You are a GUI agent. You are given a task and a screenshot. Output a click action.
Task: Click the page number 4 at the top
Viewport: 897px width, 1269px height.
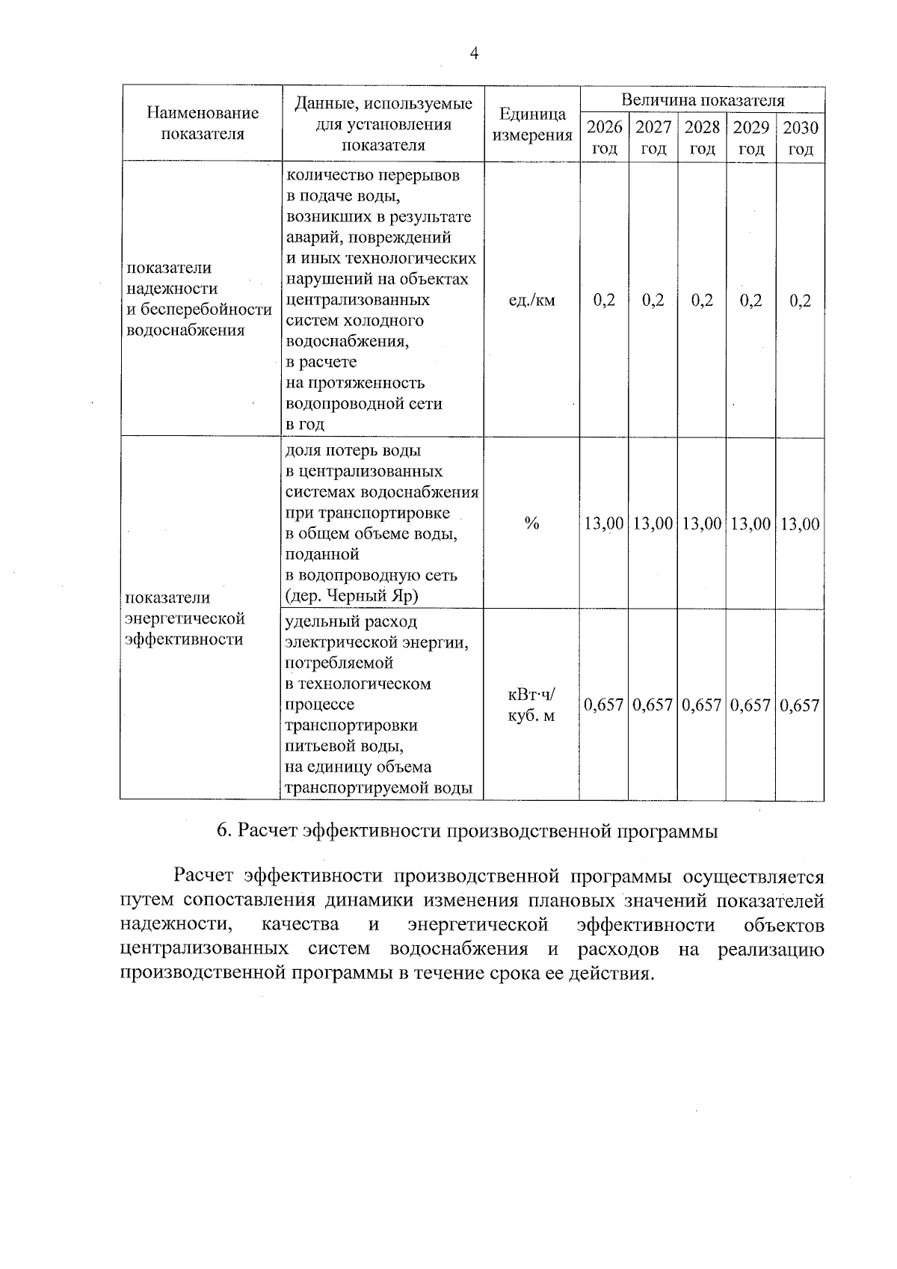click(x=473, y=53)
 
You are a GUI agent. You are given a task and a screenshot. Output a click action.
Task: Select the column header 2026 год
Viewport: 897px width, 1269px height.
click(x=604, y=137)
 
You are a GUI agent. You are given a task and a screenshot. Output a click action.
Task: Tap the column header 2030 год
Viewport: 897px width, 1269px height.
click(x=800, y=137)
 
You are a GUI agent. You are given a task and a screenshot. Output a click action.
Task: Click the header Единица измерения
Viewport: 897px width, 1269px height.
click(x=532, y=125)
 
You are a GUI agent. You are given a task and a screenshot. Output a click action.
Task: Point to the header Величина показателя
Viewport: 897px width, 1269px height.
click(x=703, y=100)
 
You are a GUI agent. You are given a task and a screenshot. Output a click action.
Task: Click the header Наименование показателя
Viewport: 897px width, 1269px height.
click(x=203, y=123)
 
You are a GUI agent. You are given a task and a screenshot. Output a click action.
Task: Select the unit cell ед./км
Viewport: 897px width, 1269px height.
click(x=532, y=301)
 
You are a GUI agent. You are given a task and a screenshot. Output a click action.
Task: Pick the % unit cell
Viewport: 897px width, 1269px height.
click(x=531, y=523)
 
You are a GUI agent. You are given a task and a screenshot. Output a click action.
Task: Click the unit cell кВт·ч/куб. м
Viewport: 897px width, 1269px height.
click(x=531, y=705)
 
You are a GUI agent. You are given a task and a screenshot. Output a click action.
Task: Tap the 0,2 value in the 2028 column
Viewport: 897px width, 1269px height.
click(x=702, y=301)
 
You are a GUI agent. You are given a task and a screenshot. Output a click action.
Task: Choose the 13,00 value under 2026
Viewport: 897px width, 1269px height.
click(x=604, y=523)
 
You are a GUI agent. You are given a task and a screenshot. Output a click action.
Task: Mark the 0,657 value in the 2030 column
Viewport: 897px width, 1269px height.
click(x=800, y=705)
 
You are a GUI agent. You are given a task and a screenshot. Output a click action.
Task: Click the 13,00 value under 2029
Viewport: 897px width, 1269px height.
click(x=750, y=523)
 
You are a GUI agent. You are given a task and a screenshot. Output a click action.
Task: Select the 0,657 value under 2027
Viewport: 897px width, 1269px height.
click(x=653, y=705)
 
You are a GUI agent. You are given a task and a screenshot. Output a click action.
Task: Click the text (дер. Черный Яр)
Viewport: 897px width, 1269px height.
click(x=351, y=596)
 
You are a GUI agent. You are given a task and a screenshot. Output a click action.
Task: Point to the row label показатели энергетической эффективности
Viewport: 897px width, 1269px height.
click(x=185, y=618)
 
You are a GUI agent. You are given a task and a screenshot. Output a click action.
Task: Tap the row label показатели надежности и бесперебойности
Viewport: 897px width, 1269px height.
click(x=199, y=299)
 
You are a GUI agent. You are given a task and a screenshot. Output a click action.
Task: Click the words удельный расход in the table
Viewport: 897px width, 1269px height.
click(x=351, y=622)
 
